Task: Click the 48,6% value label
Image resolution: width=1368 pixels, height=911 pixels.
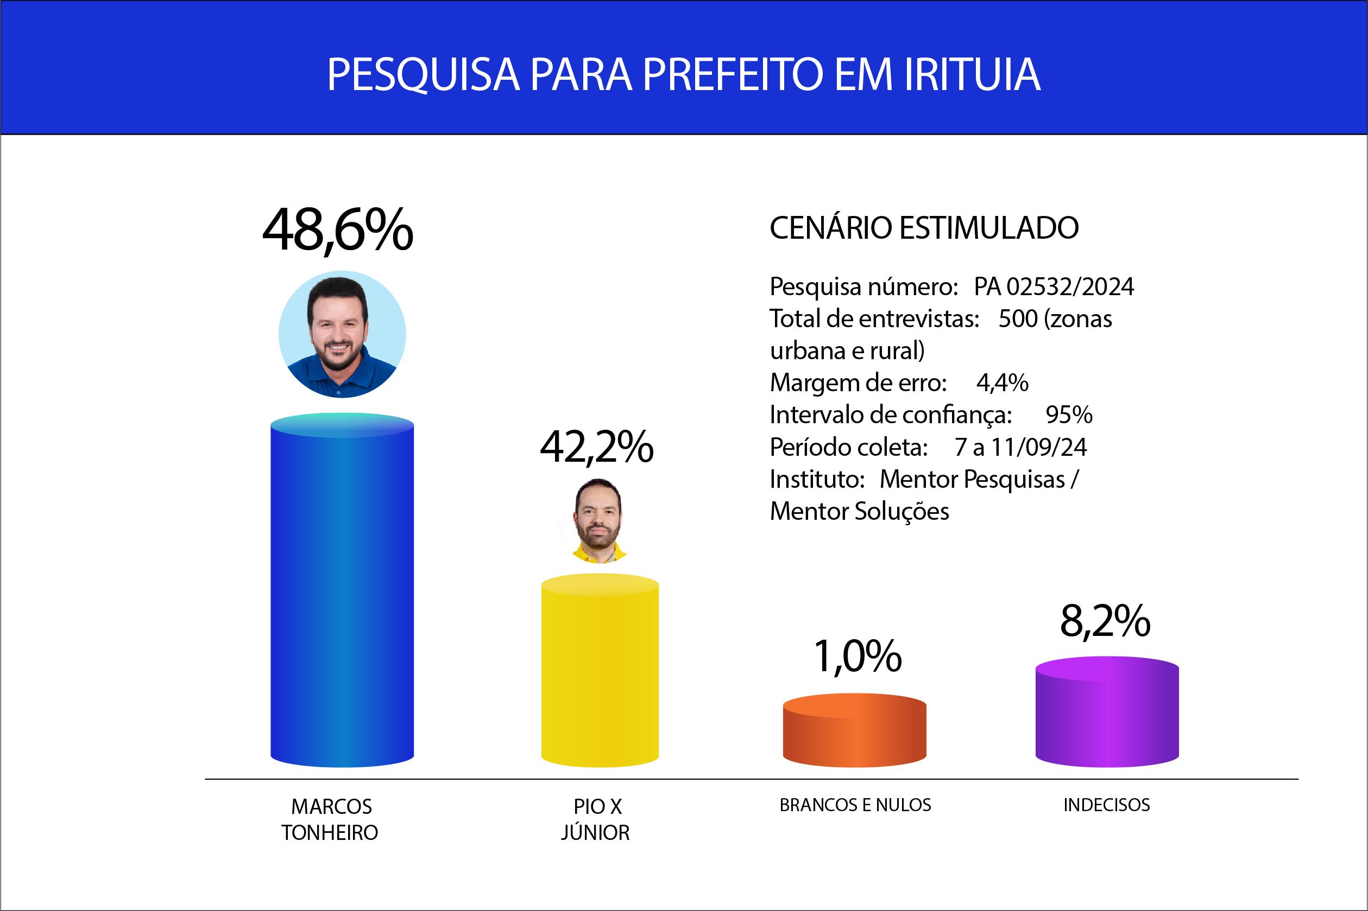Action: pyautogui.click(x=338, y=230)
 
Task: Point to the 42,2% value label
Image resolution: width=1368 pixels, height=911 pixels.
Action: pyautogui.click(x=596, y=448)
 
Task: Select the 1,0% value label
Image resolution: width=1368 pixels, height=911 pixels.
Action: pyautogui.click(x=857, y=656)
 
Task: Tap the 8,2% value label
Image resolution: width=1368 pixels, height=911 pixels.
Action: pyautogui.click(x=1105, y=621)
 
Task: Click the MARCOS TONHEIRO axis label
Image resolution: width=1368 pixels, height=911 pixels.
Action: pyautogui.click(x=330, y=819)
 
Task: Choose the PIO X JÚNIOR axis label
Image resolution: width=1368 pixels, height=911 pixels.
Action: pyautogui.click(x=596, y=819)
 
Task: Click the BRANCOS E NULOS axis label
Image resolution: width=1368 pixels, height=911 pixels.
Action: pyautogui.click(x=855, y=805)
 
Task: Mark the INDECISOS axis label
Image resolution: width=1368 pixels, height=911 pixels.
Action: pyautogui.click(x=1106, y=805)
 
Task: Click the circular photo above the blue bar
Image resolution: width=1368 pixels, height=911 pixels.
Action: pyautogui.click(x=342, y=335)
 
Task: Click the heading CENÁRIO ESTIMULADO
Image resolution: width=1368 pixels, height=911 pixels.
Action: pyautogui.click(x=924, y=228)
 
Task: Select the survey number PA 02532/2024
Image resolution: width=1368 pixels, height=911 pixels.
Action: pyautogui.click(x=1054, y=287)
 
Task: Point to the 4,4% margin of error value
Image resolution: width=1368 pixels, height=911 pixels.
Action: pyautogui.click(x=1003, y=383)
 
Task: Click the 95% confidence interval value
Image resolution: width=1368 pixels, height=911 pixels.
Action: pyautogui.click(x=1069, y=415)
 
